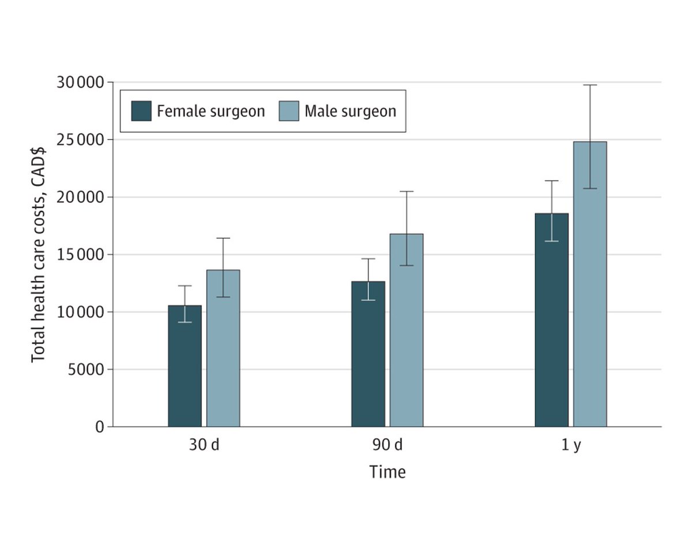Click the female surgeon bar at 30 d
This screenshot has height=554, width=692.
click(x=185, y=369)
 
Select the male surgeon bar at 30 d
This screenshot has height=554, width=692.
click(x=223, y=352)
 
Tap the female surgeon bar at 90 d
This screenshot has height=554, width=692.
click(x=368, y=357)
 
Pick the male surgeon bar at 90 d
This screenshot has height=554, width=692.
click(x=407, y=334)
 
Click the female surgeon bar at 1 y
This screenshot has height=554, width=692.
click(x=551, y=323)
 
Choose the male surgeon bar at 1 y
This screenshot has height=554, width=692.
click(x=590, y=288)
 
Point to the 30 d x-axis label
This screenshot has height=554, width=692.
click(x=204, y=446)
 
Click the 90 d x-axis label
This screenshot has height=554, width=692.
click(x=388, y=446)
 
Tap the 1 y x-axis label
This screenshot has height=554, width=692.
click(x=571, y=446)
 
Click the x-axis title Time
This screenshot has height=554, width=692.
click(x=388, y=473)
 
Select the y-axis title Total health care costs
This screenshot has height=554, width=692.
click(x=39, y=255)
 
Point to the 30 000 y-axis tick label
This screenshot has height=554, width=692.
click(x=80, y=82)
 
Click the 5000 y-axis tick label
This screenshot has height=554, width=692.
click(x=85, y=370)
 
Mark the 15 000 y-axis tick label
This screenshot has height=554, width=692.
click(x=80, y=255)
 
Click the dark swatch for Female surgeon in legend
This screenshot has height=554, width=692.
click(x=141, y=111)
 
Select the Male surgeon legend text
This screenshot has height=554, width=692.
click(x=350, y=111)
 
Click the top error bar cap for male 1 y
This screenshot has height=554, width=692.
click(x=590, y=85)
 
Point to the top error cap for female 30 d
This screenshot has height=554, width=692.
click(x=185, y=286)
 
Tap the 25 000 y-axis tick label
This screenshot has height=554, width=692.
click(x=80, y=140)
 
